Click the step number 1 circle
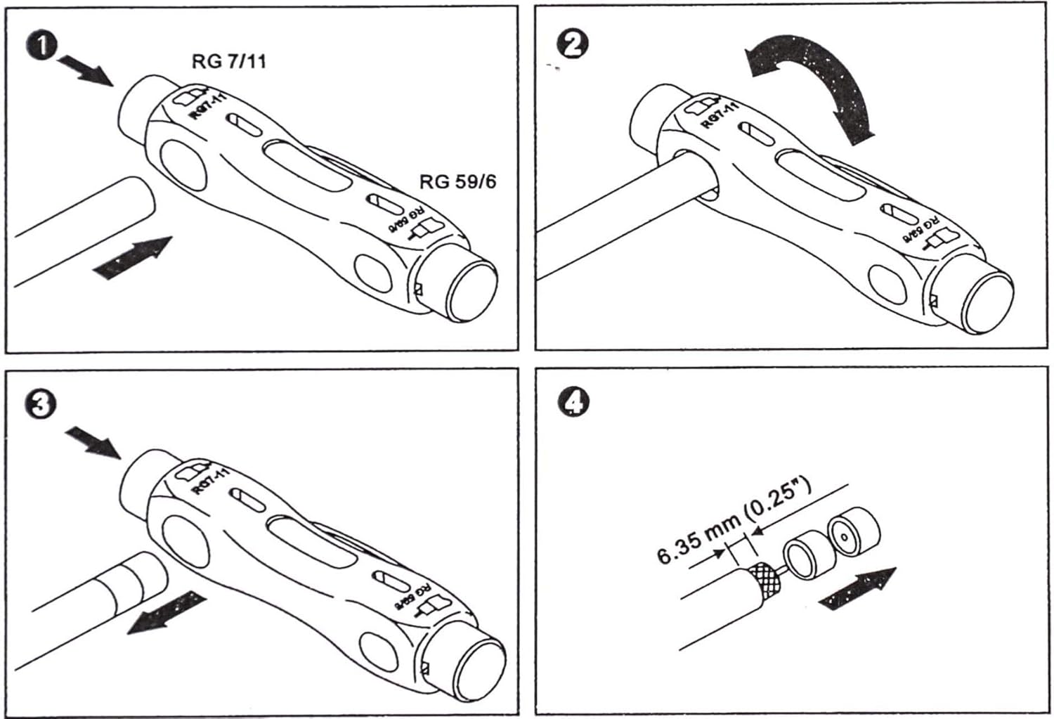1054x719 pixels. (44, 48)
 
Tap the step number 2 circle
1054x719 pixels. (572, 45)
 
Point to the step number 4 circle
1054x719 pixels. (573, 403)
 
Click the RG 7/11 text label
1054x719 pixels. (229, 61)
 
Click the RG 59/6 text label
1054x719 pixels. (457, 181)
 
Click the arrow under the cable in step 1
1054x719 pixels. (133, 259)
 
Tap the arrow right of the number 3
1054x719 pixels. (93, 442)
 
